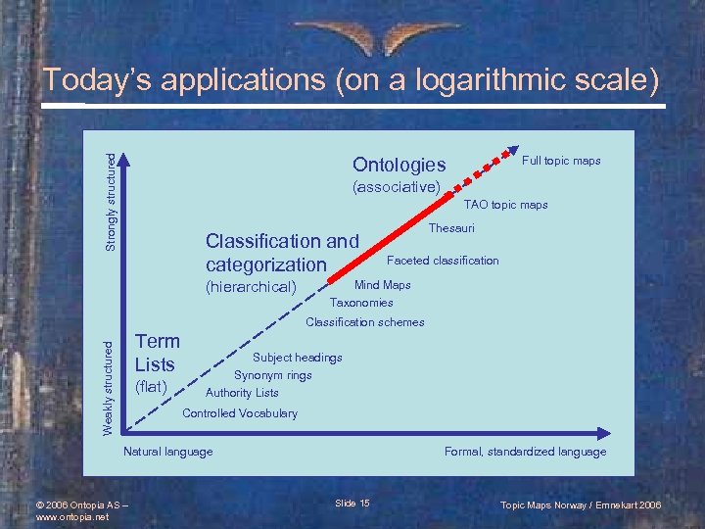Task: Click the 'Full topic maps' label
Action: (x=561, y=161)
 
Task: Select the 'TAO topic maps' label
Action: (x=505, y=205)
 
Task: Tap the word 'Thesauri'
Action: (x=451, y=228)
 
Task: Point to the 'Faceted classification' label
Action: (x=443, y=261)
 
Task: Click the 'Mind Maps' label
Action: (x=382, y=285)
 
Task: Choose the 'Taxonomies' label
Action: (x=361, y=303)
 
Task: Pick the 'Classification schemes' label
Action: (x=365, y=322)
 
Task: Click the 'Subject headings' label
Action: (x=298, y=358)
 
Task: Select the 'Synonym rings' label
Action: (x=273, y=375)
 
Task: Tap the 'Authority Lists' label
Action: (x=242, y=393)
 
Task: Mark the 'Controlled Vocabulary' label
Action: (x=240, y=413)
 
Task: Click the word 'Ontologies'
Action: (x=399, y=165)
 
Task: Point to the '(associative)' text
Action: (x=396, y=187)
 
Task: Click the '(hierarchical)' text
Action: (x=251, y=287)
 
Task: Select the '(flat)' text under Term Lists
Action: (x=152, y=387)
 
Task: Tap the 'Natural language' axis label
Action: (x=167, y=452)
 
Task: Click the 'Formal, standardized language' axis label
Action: (x=525, y=452)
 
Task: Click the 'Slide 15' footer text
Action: (x=352, y=504)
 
